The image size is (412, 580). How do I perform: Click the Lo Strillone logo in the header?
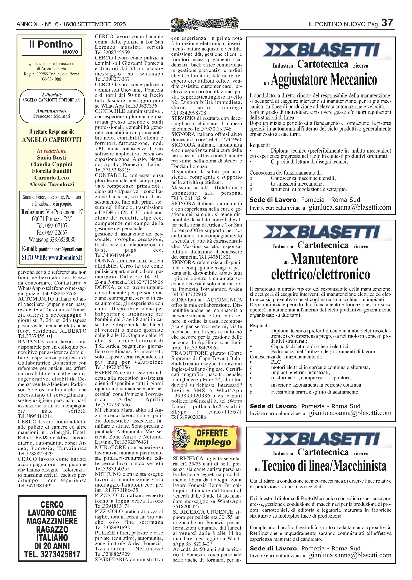[205, 24]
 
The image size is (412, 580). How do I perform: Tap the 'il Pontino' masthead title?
[51, 44]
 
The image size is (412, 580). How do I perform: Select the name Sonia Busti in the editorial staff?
[51, 157]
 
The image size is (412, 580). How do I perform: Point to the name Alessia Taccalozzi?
[51, 184]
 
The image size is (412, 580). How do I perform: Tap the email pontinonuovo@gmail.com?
[60, 249]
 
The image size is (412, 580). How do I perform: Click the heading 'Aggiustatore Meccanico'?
[324, 80]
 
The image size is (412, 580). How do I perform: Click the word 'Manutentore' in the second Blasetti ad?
[324, 259]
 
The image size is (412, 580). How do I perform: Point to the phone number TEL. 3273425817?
[52, 554]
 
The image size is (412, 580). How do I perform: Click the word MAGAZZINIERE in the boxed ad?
[52, 521]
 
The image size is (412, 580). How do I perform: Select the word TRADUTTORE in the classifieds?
[188, 353]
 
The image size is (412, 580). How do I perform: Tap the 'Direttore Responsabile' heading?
[52, 132]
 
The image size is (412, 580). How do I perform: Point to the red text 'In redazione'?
[51, 151]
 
